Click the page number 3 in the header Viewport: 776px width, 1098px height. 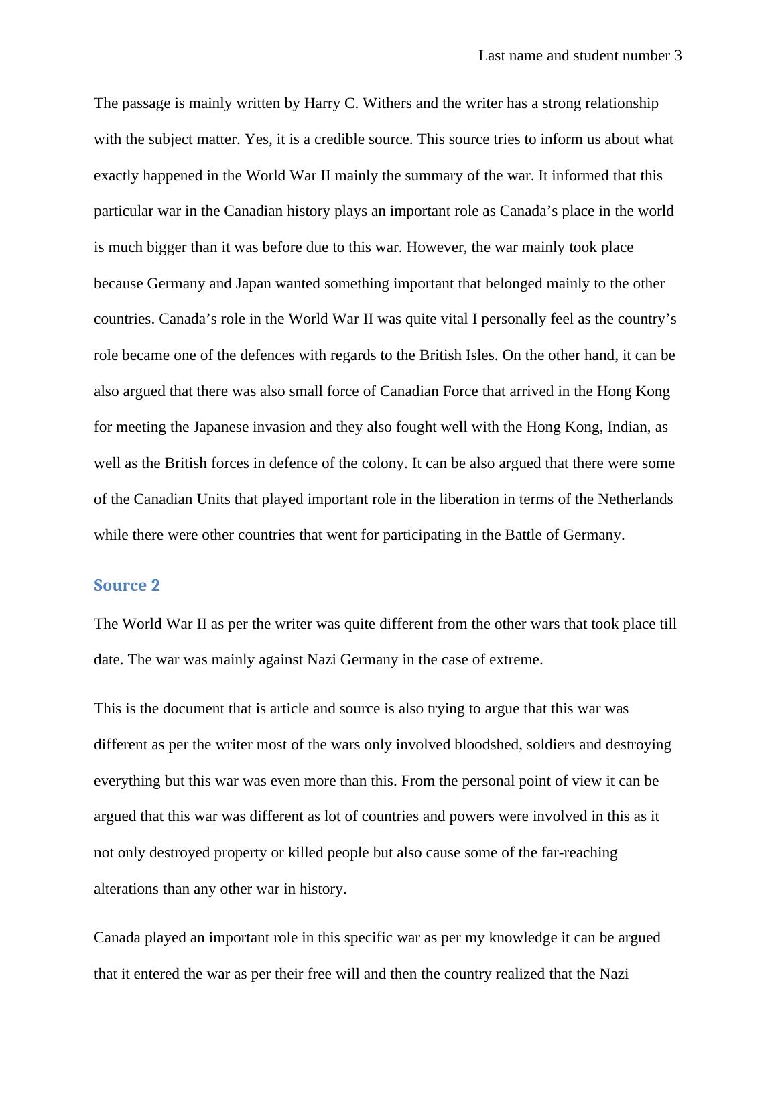click(677, 56)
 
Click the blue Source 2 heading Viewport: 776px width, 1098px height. click(127, 585)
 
